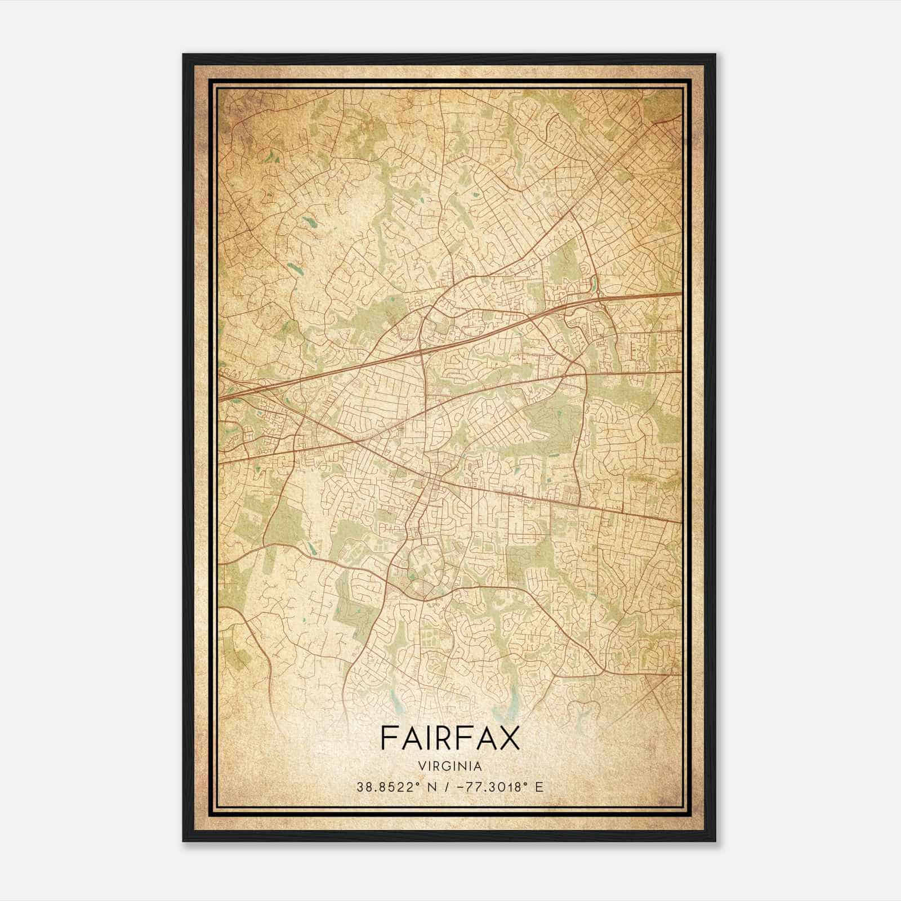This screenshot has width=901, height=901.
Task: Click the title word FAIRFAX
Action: [x=450, y=738]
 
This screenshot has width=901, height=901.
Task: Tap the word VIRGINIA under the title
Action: [x=450, y=766]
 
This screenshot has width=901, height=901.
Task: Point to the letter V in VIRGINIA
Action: [x=421, y=766]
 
